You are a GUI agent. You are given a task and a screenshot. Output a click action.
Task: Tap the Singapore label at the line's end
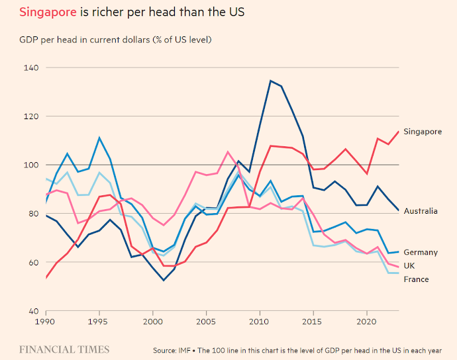pos(422,132)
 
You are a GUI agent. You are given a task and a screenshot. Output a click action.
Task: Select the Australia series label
pos(421,211)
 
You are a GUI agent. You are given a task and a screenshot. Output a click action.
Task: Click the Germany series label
pos(421,252)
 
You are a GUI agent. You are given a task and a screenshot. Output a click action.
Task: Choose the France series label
pos(416,279)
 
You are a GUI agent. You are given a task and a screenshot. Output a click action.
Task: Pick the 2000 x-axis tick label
pos(153,320)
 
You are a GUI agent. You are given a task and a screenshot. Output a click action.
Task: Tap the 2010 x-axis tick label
pos(260,320)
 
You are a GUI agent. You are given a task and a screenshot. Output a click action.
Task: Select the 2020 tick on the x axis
pos(366,320)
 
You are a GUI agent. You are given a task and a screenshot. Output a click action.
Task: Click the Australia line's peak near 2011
pos(270,81)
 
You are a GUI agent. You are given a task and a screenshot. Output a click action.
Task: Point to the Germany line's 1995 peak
pos(99,138)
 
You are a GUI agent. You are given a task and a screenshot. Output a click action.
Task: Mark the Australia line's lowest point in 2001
pos(164,280)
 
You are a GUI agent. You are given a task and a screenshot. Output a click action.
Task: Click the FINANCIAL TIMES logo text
pos(64,348)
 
